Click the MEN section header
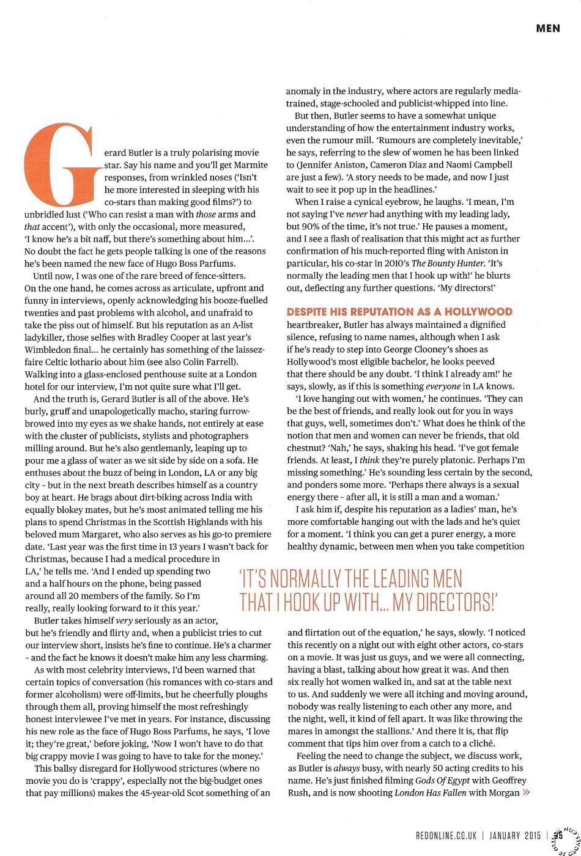[547, 28]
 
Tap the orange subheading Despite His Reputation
[399, 312]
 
